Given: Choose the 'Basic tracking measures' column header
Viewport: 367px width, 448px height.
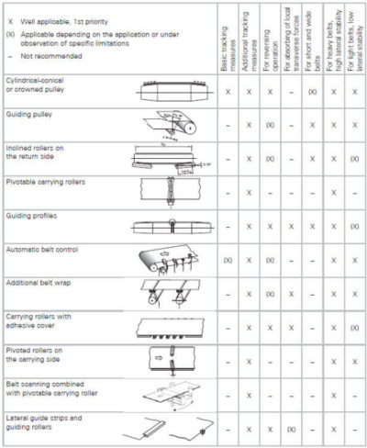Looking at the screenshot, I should pos(226,42).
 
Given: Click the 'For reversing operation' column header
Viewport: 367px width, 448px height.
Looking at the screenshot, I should pos(271,42).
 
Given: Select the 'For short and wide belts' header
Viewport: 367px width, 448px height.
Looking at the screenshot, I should pos(313,42).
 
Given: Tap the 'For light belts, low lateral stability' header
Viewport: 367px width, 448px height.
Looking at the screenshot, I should pos(356,42).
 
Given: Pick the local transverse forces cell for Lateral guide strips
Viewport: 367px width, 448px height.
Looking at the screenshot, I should pos(291,429).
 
